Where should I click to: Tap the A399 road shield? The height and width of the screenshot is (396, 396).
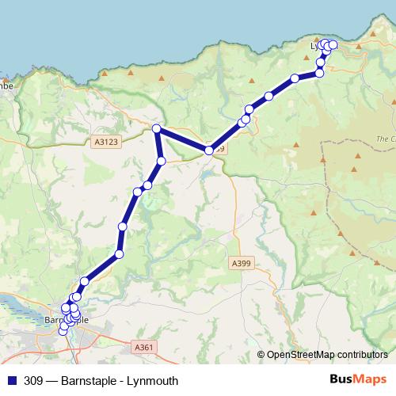pyautogui.click(x=242, y=262)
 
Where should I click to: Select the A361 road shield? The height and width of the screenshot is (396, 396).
pyautogui.click(x=143, y=347)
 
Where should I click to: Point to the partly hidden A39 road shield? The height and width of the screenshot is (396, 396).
pyautogui.click(x=219, y=149)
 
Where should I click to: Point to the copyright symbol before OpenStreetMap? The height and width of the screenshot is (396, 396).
pyautogui.click(x=261, y=355)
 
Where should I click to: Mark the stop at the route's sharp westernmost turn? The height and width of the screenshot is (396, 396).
pyautogui.click(x=157, y=128)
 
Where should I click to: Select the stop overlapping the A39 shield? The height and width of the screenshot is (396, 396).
pyautogui.click(x=209, y=150)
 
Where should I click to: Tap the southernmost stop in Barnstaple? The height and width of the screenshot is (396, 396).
pyautogui.click(x=63, y=332)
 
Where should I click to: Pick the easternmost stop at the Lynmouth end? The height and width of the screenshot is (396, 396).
pyautogui.click(x=333, y=45)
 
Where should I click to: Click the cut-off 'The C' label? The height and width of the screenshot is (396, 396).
pyautogui.click(x=385, y=139)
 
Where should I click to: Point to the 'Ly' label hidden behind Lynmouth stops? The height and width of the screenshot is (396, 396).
pyautogui.click(x=316, y=47)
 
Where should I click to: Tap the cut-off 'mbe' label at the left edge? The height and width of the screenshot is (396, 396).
pyautogui.click(x=7, y=82)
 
